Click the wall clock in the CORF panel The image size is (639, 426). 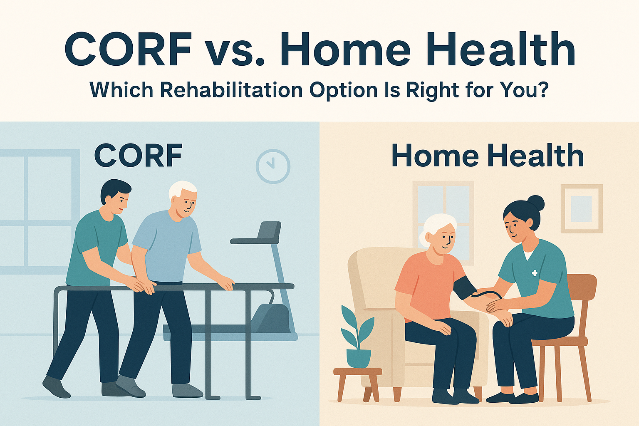click(x=273, y=166)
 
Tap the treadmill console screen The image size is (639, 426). click(x=269, y=230)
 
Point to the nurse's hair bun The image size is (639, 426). click(x=535, y=203)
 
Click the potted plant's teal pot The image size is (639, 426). click(x=359, y=358)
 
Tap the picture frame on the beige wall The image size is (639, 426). click(x=582, y=208)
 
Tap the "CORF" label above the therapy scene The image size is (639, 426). click(x=139, y=156)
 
